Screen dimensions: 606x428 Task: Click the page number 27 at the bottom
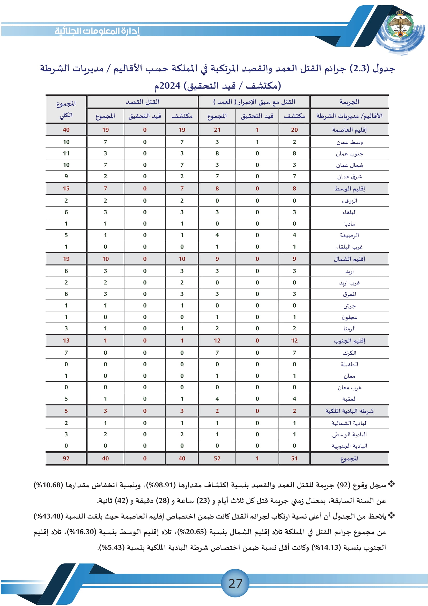click(235, 583)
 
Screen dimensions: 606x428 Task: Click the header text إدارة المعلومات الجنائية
click(97, 31)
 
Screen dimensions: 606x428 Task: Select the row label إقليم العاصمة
click(349, 130)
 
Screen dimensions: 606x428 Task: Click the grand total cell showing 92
click(66, 459)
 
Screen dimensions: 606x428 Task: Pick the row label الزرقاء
click(349, 201)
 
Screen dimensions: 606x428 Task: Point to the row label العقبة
click(349, 399)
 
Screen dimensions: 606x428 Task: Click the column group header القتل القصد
click(142, 102)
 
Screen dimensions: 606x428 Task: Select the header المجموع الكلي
click(66, 109)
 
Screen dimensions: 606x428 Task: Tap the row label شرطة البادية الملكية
click(349, 411)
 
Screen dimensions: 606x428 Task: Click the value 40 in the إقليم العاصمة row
click(66, 130)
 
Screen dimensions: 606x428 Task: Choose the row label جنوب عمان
click(349, 154)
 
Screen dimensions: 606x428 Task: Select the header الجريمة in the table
click(349, 102)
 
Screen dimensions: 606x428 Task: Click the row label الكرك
click(349, 353)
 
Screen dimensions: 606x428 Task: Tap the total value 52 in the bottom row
click(217, 459)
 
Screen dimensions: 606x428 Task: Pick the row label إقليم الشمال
click(349, 259)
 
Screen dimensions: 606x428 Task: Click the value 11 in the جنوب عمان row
click(66, 154)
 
